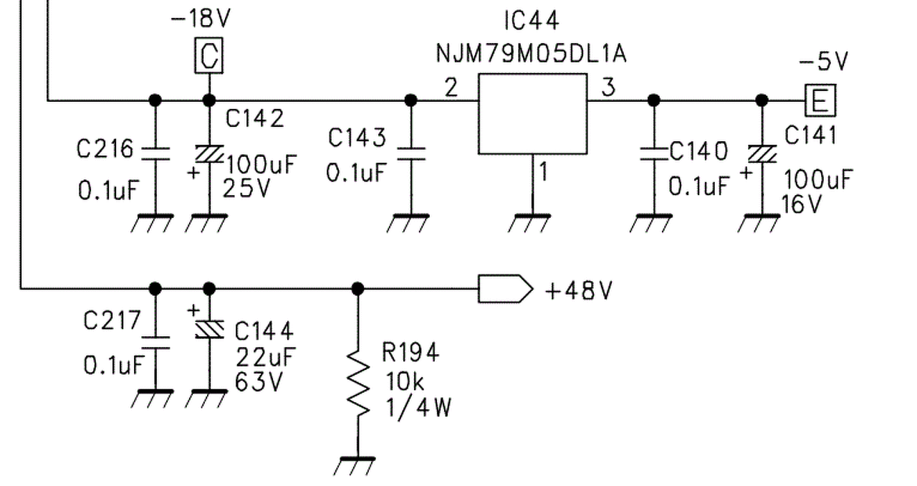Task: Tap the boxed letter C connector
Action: [208, 55]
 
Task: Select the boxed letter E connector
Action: [820, 100]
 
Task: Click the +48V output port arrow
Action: [506, 289]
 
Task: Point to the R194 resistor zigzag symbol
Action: [358, 383]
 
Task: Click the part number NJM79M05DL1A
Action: [531, 54]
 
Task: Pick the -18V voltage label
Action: [201, 19]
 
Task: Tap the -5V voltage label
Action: [823, 62]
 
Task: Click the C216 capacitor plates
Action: [155, 153]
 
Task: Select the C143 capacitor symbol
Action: [411, 153]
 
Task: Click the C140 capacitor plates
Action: [654, 153]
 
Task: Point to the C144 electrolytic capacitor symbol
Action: [210, 330]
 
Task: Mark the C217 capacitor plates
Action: [155, 343]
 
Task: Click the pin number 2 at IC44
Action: [451, 87]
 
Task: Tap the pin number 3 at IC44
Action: [608, 87]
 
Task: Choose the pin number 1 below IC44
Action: [543, 171]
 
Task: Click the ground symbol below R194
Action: [355, 466]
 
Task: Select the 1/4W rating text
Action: [418, 408]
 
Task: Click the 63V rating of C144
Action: [259, 382]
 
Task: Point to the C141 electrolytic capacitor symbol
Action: [762, 153]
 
